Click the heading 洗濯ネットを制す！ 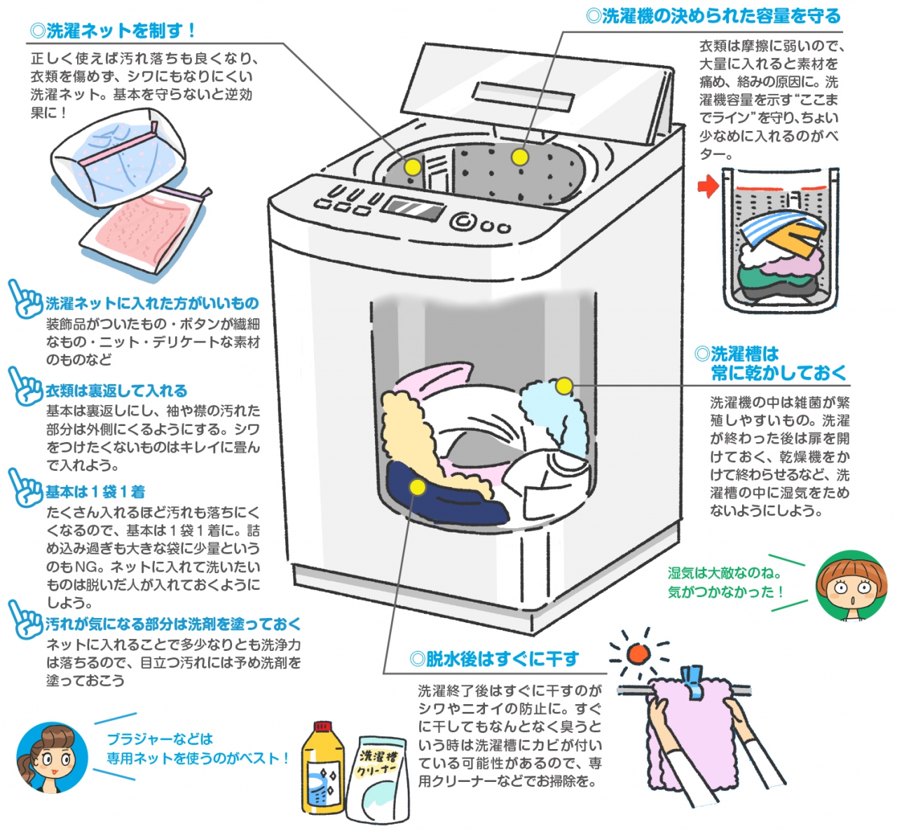click(112, 31)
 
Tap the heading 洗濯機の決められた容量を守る click(713, 15)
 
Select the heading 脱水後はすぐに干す click(494, 659)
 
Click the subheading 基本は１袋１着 click(95, 492)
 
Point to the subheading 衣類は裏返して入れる click(116, 391)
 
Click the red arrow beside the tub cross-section click(708, 186)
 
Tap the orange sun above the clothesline click(638, 654)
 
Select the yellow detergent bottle click(323, 769)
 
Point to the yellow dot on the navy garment click(417, 487)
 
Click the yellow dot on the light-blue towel click(564, 385)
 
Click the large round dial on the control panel click(462, 221)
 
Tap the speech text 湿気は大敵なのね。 click(724, 573)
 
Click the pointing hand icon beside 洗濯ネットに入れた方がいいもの click(25, 300)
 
